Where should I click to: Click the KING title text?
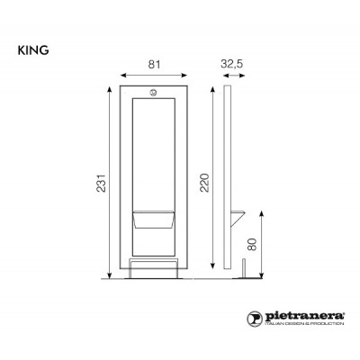coord(33,50)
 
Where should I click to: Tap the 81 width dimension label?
coord(155,64)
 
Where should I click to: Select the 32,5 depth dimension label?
coord(232,64)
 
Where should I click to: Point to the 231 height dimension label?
coord(101,183)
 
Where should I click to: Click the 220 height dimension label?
coord(204,183)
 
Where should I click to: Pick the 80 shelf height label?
coord(253,245)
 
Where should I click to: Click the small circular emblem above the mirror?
coord(153,93)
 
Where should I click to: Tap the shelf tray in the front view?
coord(154,220)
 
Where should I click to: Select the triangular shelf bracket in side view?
coord(238,219)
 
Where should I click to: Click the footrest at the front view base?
coord(154,269)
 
